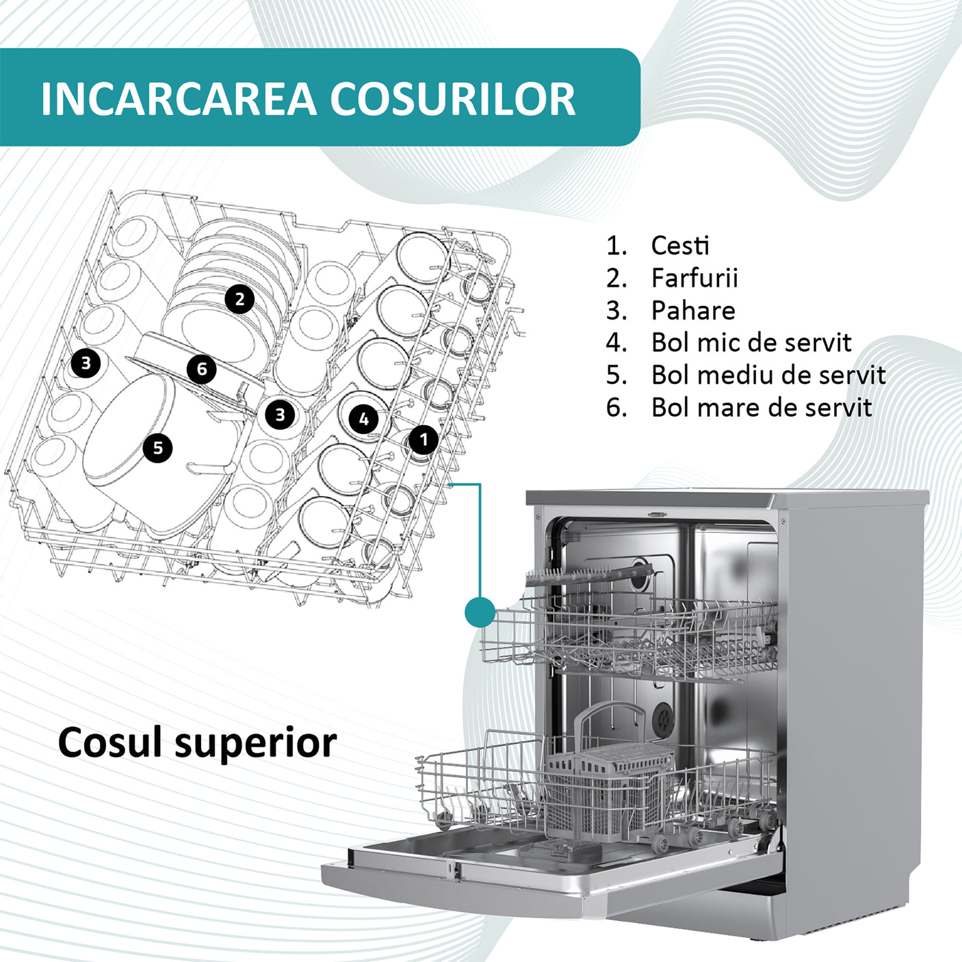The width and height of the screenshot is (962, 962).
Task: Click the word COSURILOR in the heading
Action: tap(453, 99)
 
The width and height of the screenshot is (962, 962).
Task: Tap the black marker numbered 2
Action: tap(239, 299)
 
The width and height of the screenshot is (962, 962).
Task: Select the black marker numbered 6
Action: tap(202, 369)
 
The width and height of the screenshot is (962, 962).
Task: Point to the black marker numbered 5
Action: tap(158, 448)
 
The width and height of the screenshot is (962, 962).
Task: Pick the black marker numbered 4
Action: tap(364, 419)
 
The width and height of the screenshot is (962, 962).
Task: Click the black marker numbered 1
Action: tap(424, 439)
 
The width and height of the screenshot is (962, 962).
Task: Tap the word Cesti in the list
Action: tap(680, 245)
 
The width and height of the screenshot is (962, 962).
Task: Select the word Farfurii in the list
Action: tap(694, 278)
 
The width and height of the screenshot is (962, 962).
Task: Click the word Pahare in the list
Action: tap(693, 311)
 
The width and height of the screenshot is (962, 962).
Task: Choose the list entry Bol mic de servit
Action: tap(751, 343)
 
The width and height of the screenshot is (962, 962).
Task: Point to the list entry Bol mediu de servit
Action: tap(768, 375)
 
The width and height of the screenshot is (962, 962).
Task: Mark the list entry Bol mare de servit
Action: tap(761, 408)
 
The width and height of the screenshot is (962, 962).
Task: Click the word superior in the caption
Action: tap(256, 743)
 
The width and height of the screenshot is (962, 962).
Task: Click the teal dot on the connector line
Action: tap(480, 612)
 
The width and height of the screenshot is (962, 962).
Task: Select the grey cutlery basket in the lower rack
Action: tap(606, 787)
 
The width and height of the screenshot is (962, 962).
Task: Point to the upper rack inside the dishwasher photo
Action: tap(629, 636)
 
